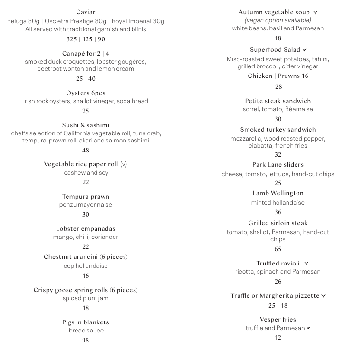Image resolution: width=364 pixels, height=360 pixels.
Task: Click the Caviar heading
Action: [x=86, y=12]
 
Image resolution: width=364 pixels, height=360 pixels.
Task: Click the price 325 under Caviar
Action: [x=72, y=39]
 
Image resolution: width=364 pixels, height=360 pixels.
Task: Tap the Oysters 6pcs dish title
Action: [x=86, y=93]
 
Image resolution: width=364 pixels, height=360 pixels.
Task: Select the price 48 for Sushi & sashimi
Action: [x=86, y=151]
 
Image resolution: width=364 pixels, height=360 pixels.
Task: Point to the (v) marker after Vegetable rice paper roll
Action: [x=124, y=164]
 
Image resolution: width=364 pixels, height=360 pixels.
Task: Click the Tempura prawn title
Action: [x=86, y=197]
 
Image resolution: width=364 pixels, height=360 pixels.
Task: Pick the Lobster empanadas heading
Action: [x=86, y=229]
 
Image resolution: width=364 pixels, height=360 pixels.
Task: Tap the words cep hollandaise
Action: [x=86, y=266]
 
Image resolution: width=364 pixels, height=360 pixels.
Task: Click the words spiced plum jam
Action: [x=86, y=298]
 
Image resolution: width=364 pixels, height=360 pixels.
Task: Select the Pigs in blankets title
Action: [x=86, y=322]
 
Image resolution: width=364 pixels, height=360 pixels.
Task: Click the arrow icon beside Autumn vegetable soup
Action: [x=316, y=13]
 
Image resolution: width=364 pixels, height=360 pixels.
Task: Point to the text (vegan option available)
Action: [x=278, y=20]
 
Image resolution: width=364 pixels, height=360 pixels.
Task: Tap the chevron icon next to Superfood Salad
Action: [x=304, y=50]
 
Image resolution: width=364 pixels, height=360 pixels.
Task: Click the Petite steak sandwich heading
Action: [x=278, y=101]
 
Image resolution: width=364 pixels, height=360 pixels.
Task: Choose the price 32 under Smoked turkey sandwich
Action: [x=278, y=155]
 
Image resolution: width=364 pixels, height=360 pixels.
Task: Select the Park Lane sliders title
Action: [x=278, y=165]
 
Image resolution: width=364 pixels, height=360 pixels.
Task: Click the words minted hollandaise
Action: [x=278, y=203]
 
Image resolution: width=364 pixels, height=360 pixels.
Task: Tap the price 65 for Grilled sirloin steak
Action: [x=278, y=249]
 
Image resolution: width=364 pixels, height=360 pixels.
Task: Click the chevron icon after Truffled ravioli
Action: [x=307, y=264]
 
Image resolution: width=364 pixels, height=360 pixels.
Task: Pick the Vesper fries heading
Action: [x=278, y=320]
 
